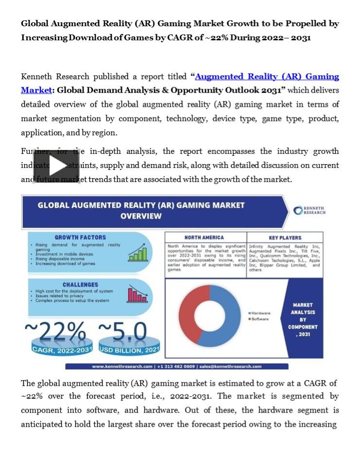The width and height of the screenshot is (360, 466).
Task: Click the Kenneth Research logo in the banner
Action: (309, 210)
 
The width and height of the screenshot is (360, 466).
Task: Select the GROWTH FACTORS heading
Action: (80, 237)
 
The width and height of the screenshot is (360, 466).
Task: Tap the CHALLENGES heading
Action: (80, 284)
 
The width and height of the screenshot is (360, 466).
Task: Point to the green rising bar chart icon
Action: (137, 253)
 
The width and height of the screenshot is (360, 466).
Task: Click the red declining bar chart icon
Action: (137, 295)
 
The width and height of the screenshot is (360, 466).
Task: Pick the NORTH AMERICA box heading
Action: (204, 237)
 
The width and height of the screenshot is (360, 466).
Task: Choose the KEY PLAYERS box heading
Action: (285, 238)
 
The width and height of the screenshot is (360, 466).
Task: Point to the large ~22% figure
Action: (55, 333)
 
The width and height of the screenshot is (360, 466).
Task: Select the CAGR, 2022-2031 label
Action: (62, 349)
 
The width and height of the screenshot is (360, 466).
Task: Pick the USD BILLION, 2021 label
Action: (129, 349)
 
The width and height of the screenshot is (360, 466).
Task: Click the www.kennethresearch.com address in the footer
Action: (122, 366)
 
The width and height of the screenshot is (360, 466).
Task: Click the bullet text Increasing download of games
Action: (66, 264)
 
